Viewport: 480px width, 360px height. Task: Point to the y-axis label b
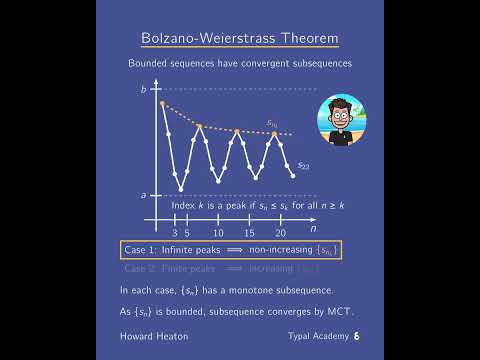click(143, 90)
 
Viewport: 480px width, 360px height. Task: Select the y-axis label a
click(143, 194)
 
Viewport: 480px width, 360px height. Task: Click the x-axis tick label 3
click(174, 232)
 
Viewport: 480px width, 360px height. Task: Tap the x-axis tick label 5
click(187, 232)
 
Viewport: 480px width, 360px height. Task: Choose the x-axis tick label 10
click(219, 232)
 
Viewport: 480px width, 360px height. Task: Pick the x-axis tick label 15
click(250, 232)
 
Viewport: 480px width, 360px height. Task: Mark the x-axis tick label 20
click(281, 232)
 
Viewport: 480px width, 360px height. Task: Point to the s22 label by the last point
click(303, 165)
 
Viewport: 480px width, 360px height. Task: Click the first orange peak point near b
click(162, 102)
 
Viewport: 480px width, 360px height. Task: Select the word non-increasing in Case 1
click(280, 250)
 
